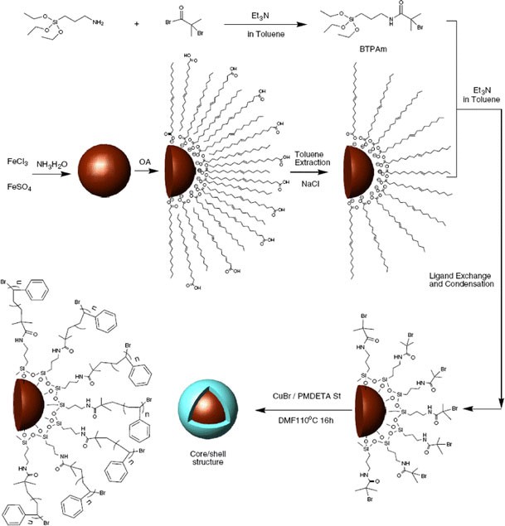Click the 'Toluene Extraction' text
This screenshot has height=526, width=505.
314,159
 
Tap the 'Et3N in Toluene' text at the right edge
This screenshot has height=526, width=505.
481,94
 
